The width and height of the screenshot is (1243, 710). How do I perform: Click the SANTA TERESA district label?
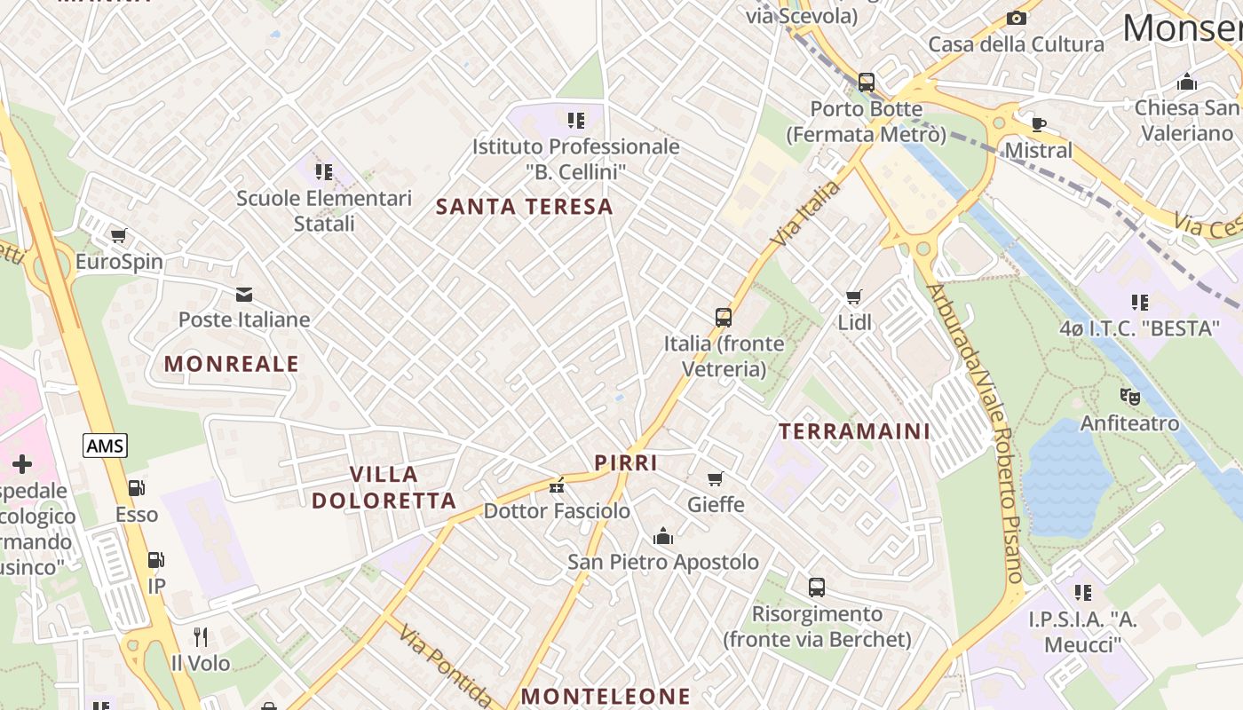coord(525,207)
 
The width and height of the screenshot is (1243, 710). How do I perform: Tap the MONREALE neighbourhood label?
coord(232,364)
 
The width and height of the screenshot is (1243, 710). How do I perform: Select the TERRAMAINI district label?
coord(854,431)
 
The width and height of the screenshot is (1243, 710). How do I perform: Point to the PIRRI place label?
coord(626,462)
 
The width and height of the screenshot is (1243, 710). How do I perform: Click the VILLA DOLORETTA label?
coord(384,487)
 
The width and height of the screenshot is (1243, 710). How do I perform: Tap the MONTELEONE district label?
coord(606,697)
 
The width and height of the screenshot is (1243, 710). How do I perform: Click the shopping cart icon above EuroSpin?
coord(118,236)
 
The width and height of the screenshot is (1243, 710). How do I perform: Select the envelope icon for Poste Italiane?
coord(243,294)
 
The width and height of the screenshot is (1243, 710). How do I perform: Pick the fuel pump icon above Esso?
coord(136,488)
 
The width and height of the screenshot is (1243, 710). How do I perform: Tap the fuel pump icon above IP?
coord(155,560)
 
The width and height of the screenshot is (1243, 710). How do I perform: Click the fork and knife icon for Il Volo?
coord(201,636)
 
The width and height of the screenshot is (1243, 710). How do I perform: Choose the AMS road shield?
coord(106,446)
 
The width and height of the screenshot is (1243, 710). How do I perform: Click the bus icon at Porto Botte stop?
coord(867,83)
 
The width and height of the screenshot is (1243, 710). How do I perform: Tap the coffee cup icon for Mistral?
coord(1038,124)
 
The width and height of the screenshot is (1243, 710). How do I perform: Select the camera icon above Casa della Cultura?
coord(1017,19)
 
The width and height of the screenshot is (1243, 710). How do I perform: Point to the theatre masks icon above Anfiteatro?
coord(1129,397)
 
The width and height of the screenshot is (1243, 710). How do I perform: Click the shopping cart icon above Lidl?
coord(854,296)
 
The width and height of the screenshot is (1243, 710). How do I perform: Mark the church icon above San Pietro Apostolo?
coord(662,536)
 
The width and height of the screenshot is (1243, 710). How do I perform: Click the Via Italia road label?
coord(805,214)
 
